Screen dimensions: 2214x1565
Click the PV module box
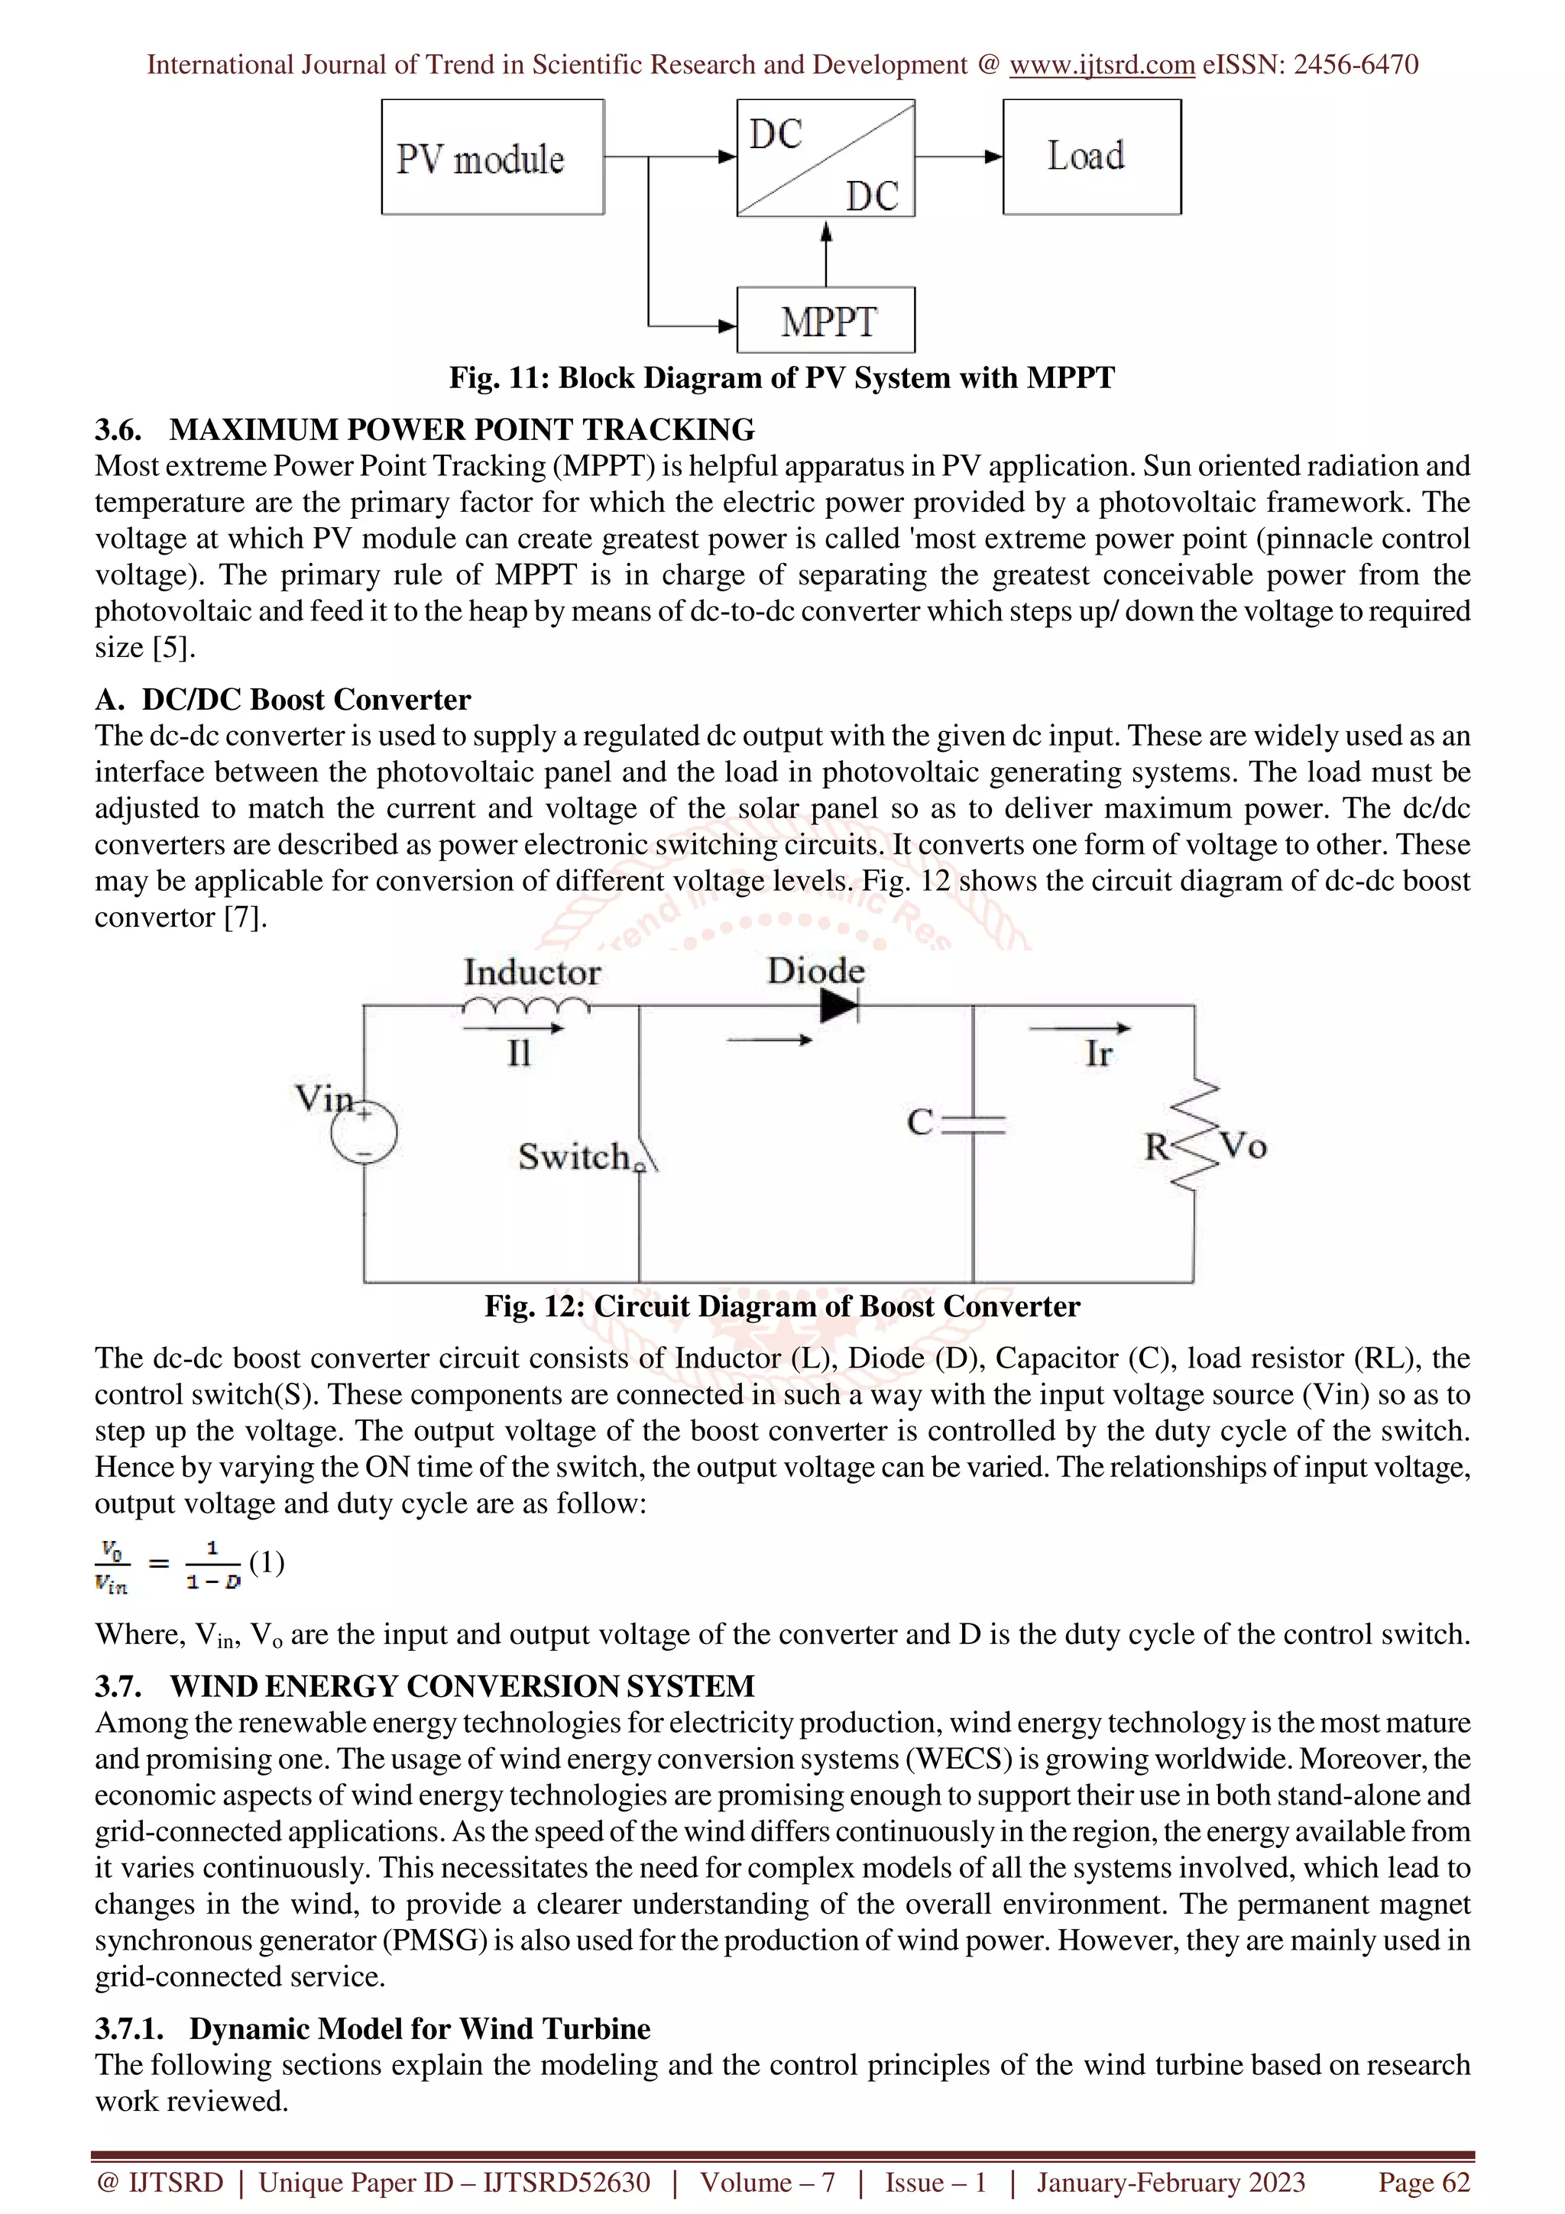pos(493,157)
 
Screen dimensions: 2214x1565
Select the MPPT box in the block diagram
pos(825,321)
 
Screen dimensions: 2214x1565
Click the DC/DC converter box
pos(825,158)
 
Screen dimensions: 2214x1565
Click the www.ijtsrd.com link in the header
pos(1101,65)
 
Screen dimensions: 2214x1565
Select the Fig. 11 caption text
pos(781,377)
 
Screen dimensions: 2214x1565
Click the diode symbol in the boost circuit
pos(838,1005)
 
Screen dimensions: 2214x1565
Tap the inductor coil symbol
pos(526,1005)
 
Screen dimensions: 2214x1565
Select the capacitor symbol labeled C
pos(973,1123)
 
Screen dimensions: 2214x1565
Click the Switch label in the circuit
pos(574,1156)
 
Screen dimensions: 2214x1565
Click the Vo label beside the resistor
pos(1243,1147)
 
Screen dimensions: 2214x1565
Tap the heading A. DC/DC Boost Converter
pos(283,699)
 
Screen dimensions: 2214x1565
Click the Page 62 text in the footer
pos(1424,2182)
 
